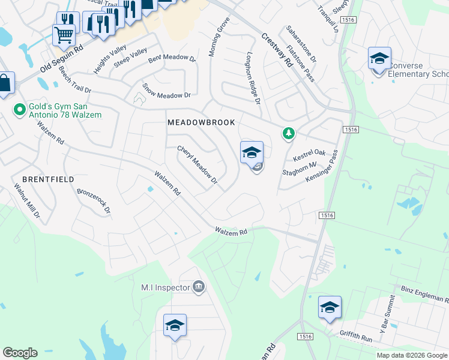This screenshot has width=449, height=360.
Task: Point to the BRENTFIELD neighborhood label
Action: pyautogui.click(x=48, y=179)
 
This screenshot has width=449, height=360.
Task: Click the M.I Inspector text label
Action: pyautogui.click(x=165, y=288)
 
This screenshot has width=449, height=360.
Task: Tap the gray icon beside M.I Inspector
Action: pyautogui.click(x=199, y=288)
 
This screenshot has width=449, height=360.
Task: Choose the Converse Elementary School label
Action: pyautogui.click(x=418, y=70)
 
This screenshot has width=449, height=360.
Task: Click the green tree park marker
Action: pyautogui.click(x=289, y=133)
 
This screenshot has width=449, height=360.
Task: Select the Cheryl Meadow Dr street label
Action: pyautogui.click(x=196, y=164)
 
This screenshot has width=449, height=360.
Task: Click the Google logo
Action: pyautogui.click(x=20, y=353)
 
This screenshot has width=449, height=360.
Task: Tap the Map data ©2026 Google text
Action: pyautogui.click(x=412, y=355)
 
